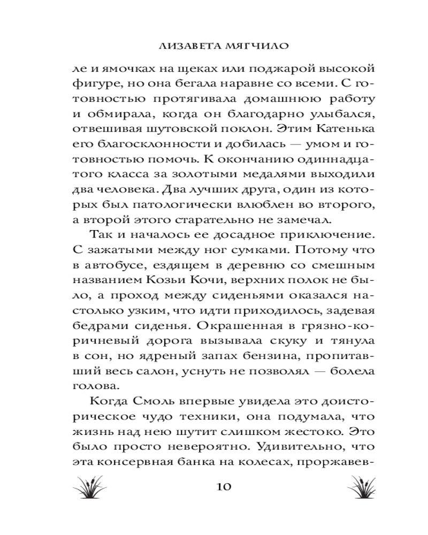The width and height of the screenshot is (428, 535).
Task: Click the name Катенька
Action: [x=339, y=130]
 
